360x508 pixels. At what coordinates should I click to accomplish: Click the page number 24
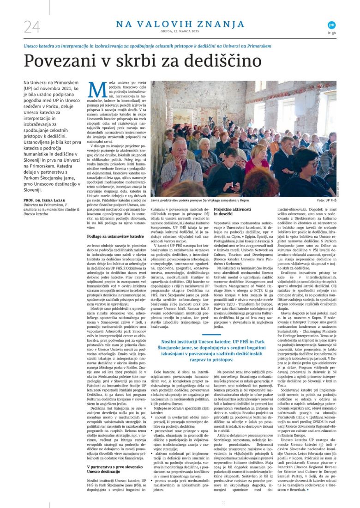(32, 27)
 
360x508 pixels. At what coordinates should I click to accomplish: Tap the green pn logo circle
(331, 25)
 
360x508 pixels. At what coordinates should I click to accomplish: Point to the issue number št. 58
(331, 33)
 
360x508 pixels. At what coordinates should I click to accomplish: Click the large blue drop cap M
(95, 89)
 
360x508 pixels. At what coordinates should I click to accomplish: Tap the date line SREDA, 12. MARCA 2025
(180, 33)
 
